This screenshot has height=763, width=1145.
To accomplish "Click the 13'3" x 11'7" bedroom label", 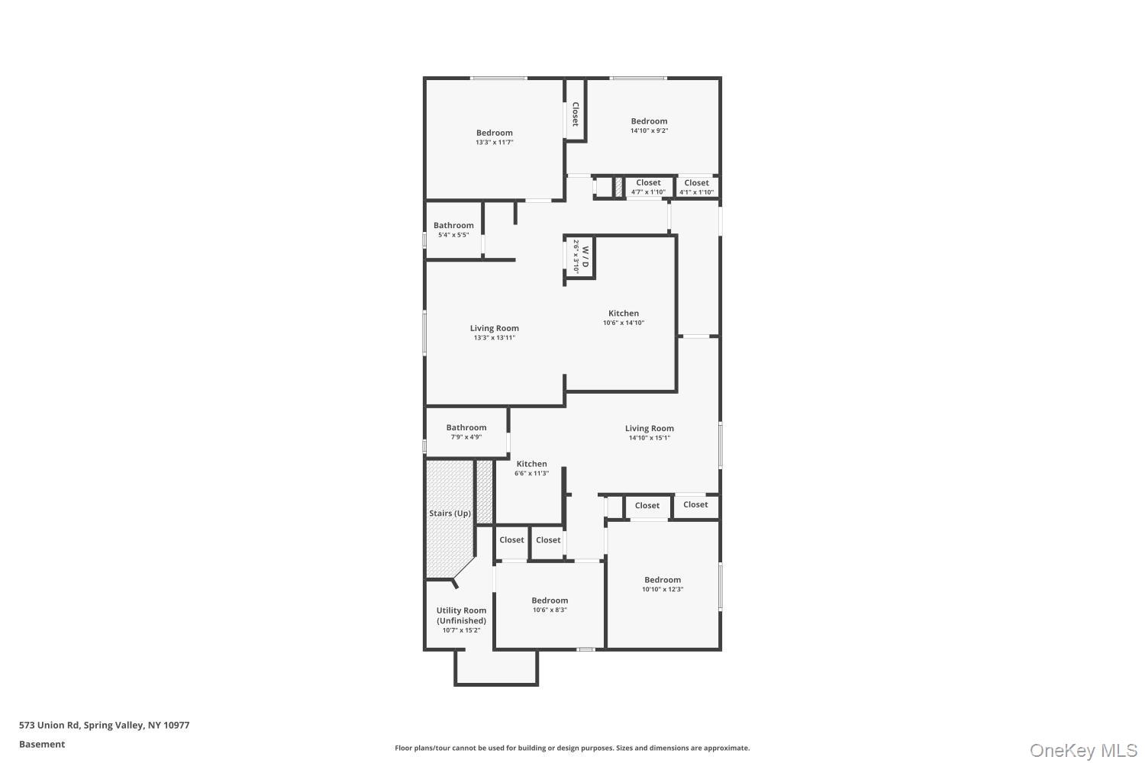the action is tap(495, 137).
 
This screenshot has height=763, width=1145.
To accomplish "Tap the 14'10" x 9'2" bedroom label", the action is tap(649, 125).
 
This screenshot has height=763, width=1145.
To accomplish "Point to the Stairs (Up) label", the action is tap(450, 513).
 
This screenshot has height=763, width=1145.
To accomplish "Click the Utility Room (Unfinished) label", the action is tap(461, 620).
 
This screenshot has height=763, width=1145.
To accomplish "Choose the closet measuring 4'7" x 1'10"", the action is tap(648, 187).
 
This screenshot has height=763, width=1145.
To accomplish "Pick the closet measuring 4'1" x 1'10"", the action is tap(696, 187).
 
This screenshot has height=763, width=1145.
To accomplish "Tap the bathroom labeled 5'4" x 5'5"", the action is tap(453, 230).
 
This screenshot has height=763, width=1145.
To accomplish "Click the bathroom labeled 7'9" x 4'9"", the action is tap(466, 432).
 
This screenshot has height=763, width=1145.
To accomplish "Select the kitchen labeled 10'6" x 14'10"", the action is tap(624, 317).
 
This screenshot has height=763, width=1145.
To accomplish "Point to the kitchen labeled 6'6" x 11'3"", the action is tap(531, 468).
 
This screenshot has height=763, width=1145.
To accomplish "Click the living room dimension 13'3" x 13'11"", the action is tap(495, 338).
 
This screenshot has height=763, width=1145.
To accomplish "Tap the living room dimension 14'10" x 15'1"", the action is tap(649, 438).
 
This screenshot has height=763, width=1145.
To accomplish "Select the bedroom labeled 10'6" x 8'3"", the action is tap(550, 604).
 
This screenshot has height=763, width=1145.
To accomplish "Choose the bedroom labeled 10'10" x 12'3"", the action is tap(663, 584).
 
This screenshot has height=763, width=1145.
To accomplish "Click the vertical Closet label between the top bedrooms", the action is tap(575, 114).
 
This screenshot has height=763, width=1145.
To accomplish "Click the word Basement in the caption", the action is tap(42, 744).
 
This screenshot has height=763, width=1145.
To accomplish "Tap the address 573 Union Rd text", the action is tap(49, 725).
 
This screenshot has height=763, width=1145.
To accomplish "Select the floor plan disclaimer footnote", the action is tap(572, 748).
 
